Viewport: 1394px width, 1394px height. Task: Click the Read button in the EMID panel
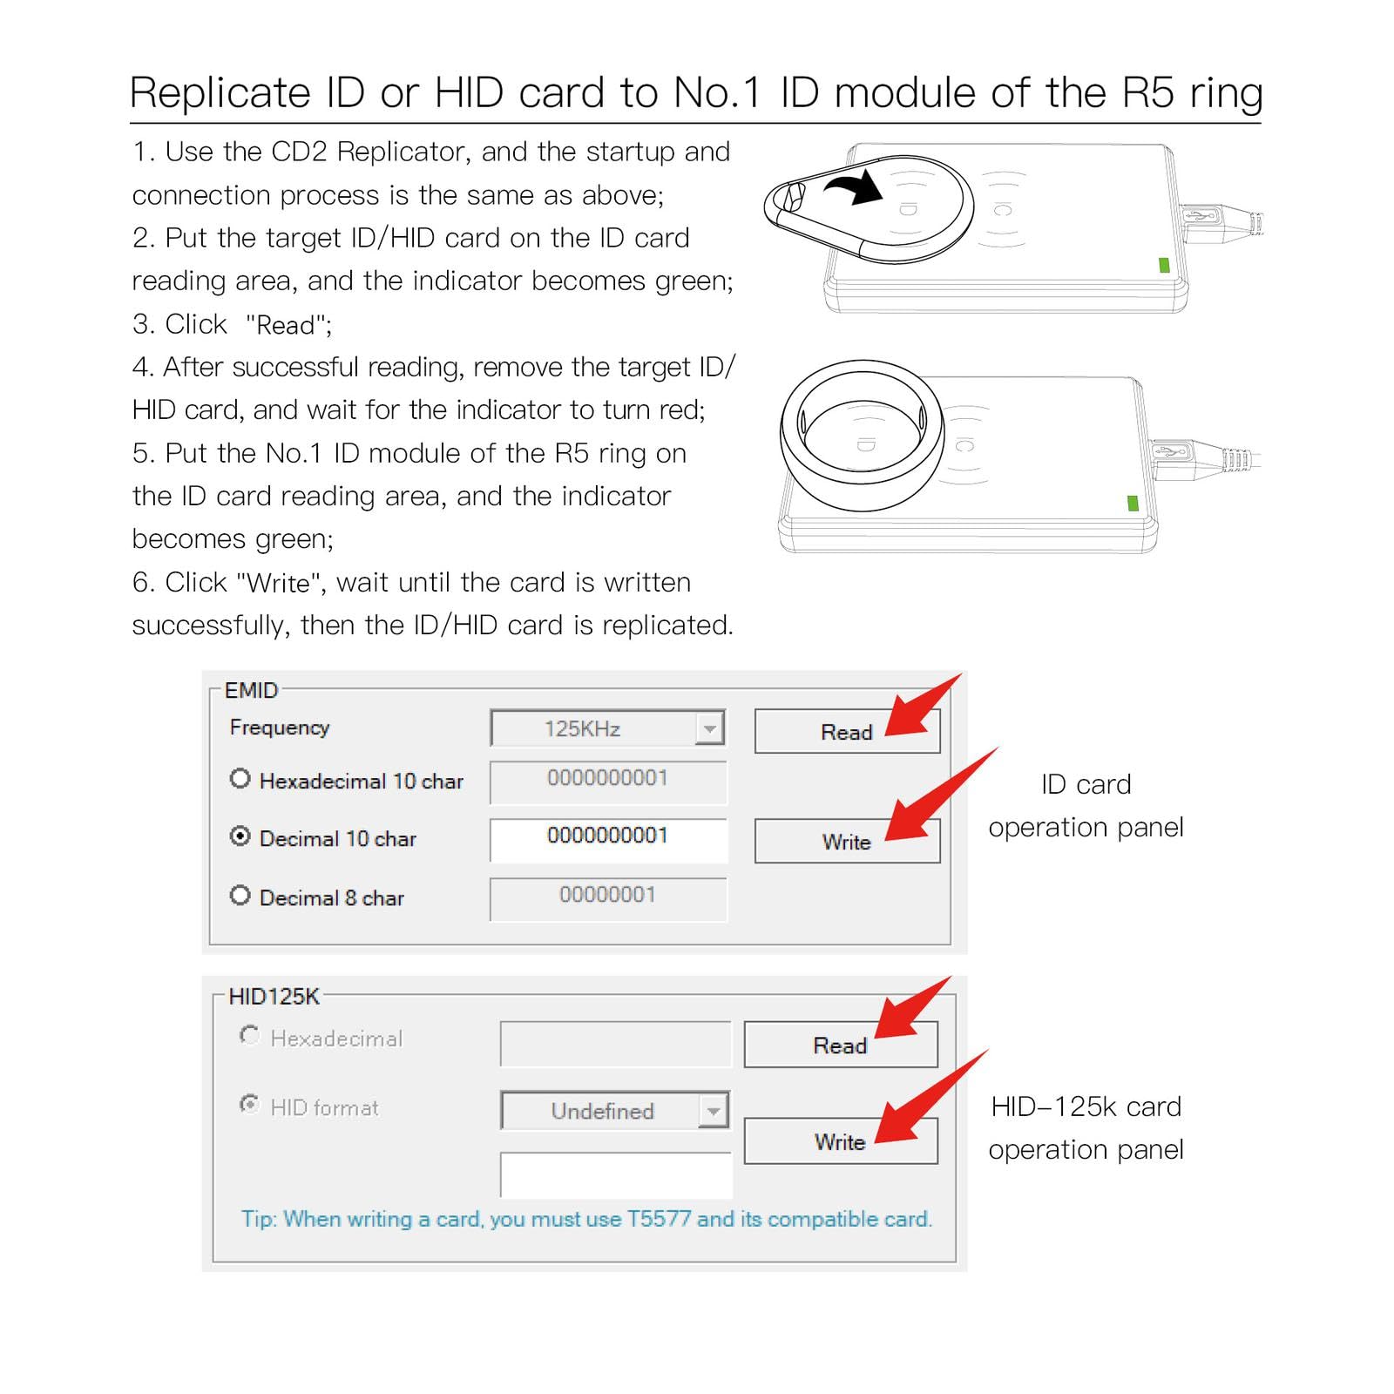(x=846, y=732)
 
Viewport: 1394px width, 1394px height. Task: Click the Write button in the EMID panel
(x=846, y=842)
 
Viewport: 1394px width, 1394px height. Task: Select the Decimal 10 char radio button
(x=240, y=836)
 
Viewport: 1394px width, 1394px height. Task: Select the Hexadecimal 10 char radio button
(x=240, y=779)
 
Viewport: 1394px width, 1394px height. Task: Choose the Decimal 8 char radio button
(x=240, y=896)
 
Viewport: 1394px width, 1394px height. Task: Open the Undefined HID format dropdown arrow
(x=714, y=1111)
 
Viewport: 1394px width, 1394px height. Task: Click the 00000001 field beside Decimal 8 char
(x=607, y=897)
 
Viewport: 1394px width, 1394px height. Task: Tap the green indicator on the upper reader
(x=1164, y=265)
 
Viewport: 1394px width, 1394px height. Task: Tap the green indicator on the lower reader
(x=1133, y=503)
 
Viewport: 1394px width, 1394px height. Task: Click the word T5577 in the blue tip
(x=659, y=1219)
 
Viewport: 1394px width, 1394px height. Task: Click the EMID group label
(x=251, y=690)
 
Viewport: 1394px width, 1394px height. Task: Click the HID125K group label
(x=274, y=996)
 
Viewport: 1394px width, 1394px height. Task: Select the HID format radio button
(x=249, y=1105)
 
